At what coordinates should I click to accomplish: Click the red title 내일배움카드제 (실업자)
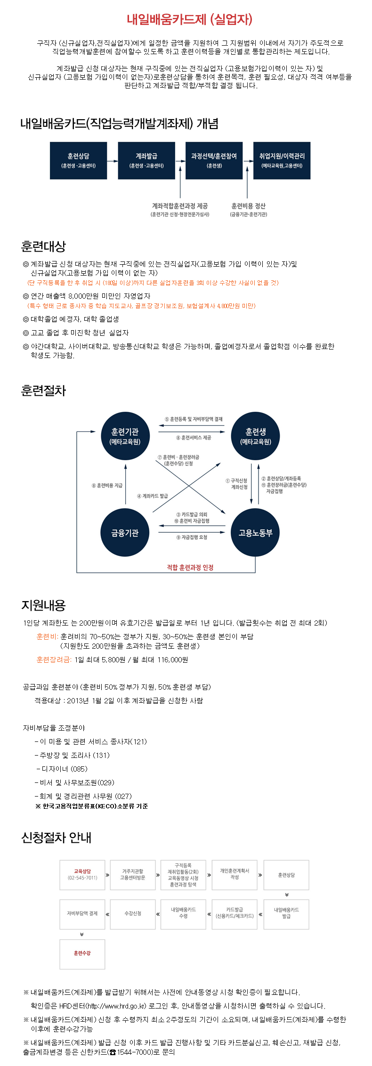point(190,19)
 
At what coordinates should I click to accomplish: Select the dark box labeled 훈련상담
point(78,161)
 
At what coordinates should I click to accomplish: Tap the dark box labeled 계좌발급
point(146,161)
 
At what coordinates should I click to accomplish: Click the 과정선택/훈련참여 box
point(214,161)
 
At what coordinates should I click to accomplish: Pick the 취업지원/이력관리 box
point(282,161)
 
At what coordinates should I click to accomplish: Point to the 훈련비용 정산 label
point(249,206)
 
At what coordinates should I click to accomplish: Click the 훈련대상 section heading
point(43,246)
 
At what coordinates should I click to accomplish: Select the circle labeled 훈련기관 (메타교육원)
point(125,436)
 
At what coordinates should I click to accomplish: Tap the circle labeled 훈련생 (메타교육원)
point(256,436)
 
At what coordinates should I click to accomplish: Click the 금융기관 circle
point(125,533)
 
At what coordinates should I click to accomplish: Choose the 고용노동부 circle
point(256,533)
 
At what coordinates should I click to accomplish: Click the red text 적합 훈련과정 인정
point(190,568)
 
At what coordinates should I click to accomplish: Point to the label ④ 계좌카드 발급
point(153,496)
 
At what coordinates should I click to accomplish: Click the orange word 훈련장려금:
point(54,660)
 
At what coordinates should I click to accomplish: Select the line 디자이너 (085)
point(62,769)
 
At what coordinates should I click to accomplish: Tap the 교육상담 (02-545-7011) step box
point(82,875)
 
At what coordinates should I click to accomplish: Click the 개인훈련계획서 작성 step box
point(235,875)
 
